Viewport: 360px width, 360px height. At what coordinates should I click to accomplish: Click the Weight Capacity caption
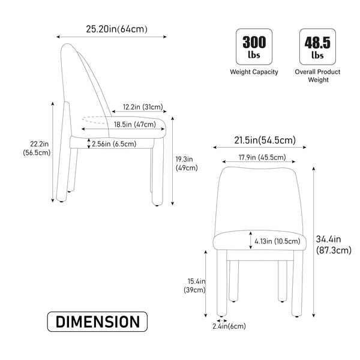point(254,72)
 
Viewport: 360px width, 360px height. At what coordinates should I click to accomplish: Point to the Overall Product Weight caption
point(317,76)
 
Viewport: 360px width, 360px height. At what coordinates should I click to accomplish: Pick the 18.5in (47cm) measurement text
point(134,124)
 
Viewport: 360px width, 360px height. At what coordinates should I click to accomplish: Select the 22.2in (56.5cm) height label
point(32,148)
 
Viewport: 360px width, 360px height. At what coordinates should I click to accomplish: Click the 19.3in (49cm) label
point(186,163)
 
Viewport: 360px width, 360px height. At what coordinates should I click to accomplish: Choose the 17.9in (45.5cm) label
point(258,158)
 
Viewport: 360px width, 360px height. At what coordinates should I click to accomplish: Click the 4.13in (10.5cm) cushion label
point(277,241)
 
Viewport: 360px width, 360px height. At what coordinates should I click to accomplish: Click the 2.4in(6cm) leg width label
point(229,326)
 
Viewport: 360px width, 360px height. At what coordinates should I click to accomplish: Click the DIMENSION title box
point(97,322)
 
